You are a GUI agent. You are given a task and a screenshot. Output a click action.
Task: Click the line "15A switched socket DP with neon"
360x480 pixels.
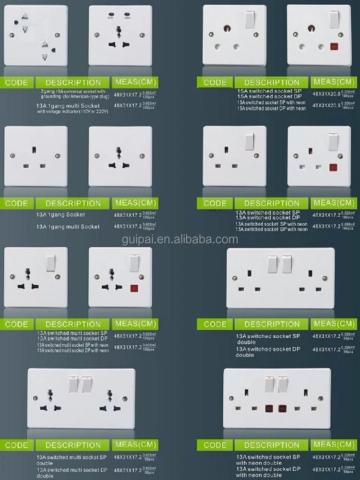[271, 108]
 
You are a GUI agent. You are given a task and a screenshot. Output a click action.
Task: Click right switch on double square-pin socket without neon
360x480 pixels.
[287, 263]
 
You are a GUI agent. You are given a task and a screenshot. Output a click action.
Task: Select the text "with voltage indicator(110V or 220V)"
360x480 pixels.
[73, 111]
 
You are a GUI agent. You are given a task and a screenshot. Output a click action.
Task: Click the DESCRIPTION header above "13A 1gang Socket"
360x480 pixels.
[73, 203]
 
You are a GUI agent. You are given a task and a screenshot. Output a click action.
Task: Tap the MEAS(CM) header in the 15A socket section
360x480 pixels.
[331, 82]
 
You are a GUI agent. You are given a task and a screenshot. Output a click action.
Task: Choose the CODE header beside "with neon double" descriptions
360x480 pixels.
[215, 445]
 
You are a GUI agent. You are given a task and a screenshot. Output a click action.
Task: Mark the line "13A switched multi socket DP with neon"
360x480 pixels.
[72, 351]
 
